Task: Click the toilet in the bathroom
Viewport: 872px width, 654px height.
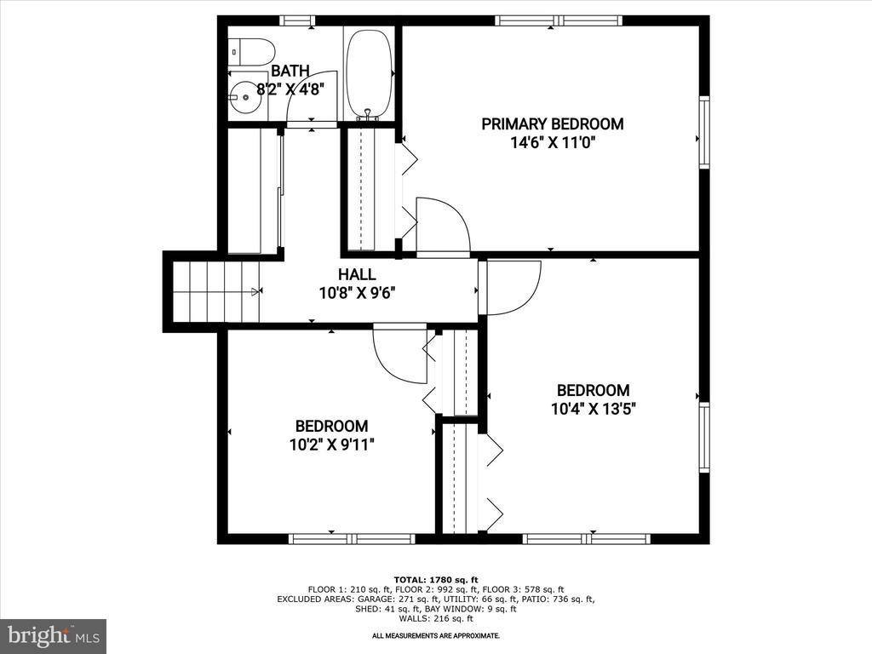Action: (251, 52)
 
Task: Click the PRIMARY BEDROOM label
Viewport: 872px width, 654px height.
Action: (552, 124)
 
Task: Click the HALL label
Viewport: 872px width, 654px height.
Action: (357, 274)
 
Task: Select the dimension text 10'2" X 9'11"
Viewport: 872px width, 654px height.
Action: (332, 445)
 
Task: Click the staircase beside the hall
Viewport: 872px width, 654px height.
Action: (216, 291)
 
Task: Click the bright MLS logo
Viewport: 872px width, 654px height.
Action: (54, 635)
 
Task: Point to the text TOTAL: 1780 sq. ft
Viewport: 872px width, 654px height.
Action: (436, 579)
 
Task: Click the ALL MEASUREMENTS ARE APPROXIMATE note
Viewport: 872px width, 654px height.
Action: (436, 635)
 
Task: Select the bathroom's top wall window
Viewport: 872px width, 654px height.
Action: (297, 21)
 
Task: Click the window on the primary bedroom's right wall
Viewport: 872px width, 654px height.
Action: (704, 132)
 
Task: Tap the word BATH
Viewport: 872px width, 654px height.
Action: (290, 72)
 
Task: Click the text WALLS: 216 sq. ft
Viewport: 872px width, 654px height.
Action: (436, 618)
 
